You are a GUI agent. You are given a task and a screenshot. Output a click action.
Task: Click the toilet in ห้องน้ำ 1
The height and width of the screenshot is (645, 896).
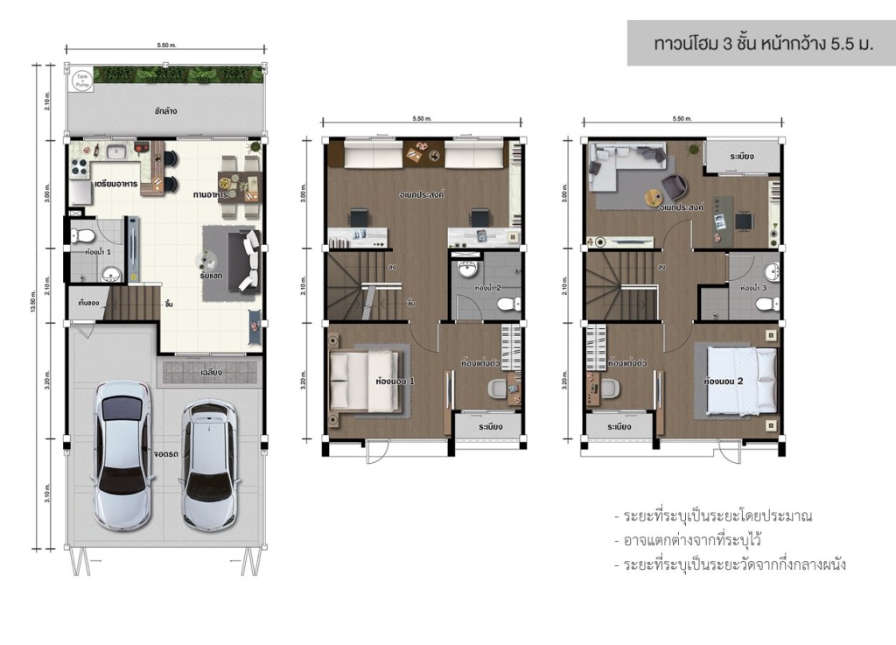click(x=78, y=235)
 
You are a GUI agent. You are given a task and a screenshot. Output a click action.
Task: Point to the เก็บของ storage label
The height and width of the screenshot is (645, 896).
click(x=87, y=304)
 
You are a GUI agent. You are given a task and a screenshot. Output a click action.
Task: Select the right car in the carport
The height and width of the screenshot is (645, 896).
click(x=207, y=464)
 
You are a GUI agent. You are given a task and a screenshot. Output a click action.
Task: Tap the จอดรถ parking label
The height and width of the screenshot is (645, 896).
click(x=165, y=454)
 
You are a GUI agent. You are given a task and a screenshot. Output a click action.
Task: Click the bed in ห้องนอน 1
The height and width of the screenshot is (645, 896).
click(x=367, y=381)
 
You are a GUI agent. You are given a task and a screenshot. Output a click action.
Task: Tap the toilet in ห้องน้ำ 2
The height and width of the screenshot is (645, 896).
click(x=505, y=304)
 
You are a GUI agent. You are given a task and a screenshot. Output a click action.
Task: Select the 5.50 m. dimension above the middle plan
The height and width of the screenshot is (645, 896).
click(x=422, y=118)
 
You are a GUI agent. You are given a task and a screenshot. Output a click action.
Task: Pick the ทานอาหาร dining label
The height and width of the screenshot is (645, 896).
click(x=210, y=194)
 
